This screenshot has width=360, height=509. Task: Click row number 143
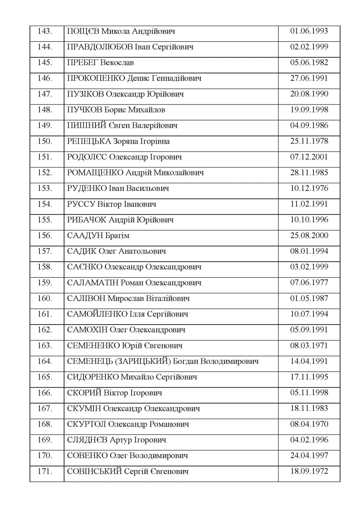click(45, 31)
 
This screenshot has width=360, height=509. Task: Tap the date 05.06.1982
click(309, 63)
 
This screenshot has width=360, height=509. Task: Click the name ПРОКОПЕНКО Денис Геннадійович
click(134, 78)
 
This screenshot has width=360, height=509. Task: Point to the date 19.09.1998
click(309, 110)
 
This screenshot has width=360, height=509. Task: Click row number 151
click(45, 157)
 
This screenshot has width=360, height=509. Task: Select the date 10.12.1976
click(309, 188)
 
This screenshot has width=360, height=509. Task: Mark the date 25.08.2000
click(309, 236)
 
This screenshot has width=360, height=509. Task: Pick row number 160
click(45, 299)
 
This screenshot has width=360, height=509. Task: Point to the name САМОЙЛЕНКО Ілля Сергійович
click(128, 315)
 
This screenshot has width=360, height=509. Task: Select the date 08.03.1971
click(309, 346)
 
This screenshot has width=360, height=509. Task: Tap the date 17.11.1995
click(309, 377)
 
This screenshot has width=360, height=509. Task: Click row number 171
click(45, 472)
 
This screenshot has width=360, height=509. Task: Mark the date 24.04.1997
click(309, 456)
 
